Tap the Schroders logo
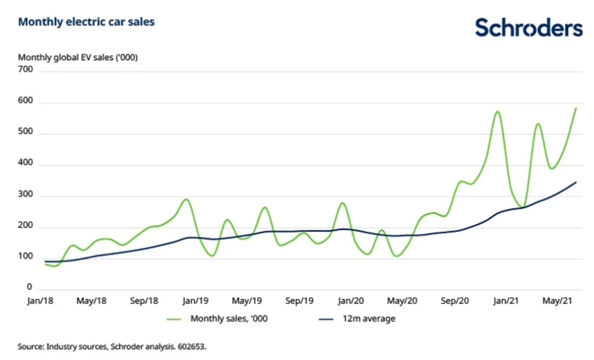(x=528, y=28)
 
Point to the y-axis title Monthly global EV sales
(x=77, y=58)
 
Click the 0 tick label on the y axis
(x=29, y=288)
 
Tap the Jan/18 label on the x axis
(x=40, y=301)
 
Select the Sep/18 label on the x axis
(x=144, y=301)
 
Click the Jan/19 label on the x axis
(x=196, y=301)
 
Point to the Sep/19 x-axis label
(x=299, y=301)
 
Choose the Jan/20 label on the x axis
(x=351, y=301)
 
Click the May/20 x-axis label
(x=403, y=301)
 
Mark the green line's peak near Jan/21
(x=497, y=112)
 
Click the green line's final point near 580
(x=576, y=108)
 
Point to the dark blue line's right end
(x=576, y=182)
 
